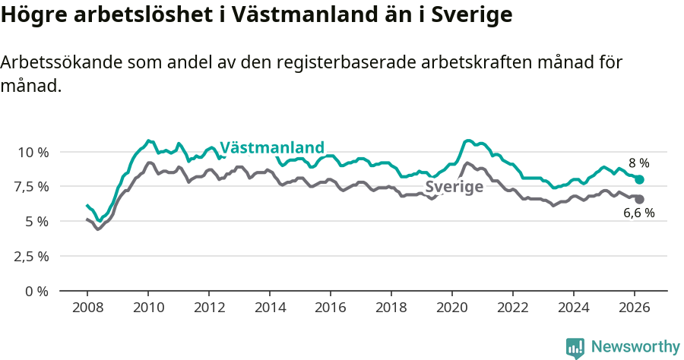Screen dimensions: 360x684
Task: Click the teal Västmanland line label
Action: [272, 147]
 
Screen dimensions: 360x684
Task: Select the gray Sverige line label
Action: [454, 187]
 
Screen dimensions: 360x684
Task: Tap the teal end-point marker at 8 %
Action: [639, 180]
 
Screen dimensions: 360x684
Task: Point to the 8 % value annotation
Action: [638, 163]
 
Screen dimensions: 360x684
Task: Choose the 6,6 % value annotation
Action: [638, 213]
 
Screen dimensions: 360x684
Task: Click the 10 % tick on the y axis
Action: [33, 152]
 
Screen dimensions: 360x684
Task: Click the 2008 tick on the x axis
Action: [87, 308]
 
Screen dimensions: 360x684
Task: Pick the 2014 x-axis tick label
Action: [270, 308]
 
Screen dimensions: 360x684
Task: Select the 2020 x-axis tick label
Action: [452, 308]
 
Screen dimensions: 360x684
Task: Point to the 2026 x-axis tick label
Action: [635, 308]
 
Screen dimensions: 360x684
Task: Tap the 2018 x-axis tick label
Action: [391, 308]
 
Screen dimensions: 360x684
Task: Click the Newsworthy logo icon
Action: [575, 347]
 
